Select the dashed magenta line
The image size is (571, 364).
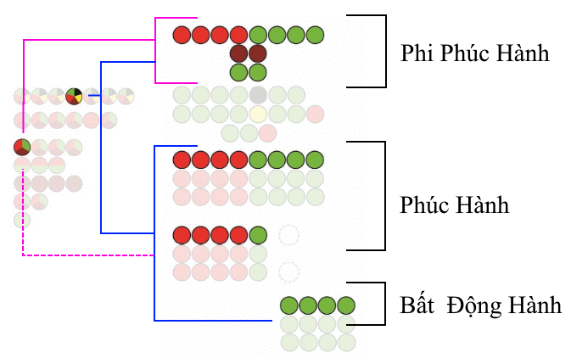click(x=85, y=255)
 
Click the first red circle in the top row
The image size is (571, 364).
click(x=182, y=36)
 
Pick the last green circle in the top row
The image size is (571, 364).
click(x=316, y=36)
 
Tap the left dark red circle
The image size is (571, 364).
click(x=239, y=53)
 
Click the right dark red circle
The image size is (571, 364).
click(x=258, y=53)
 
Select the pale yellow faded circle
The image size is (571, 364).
click(x=258, y=113)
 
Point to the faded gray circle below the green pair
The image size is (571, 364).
click(x=258, y=94)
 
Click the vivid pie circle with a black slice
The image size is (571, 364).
click(x=74, y=96)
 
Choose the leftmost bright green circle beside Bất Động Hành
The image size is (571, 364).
click(x=288, y=305)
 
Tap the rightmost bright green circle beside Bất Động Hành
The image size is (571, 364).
click(x=345, y=305)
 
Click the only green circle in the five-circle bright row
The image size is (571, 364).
click(x=259, y=234)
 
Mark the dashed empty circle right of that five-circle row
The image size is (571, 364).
click(x=288, y=234)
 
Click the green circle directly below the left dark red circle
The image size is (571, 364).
click(x=239, y=72)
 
